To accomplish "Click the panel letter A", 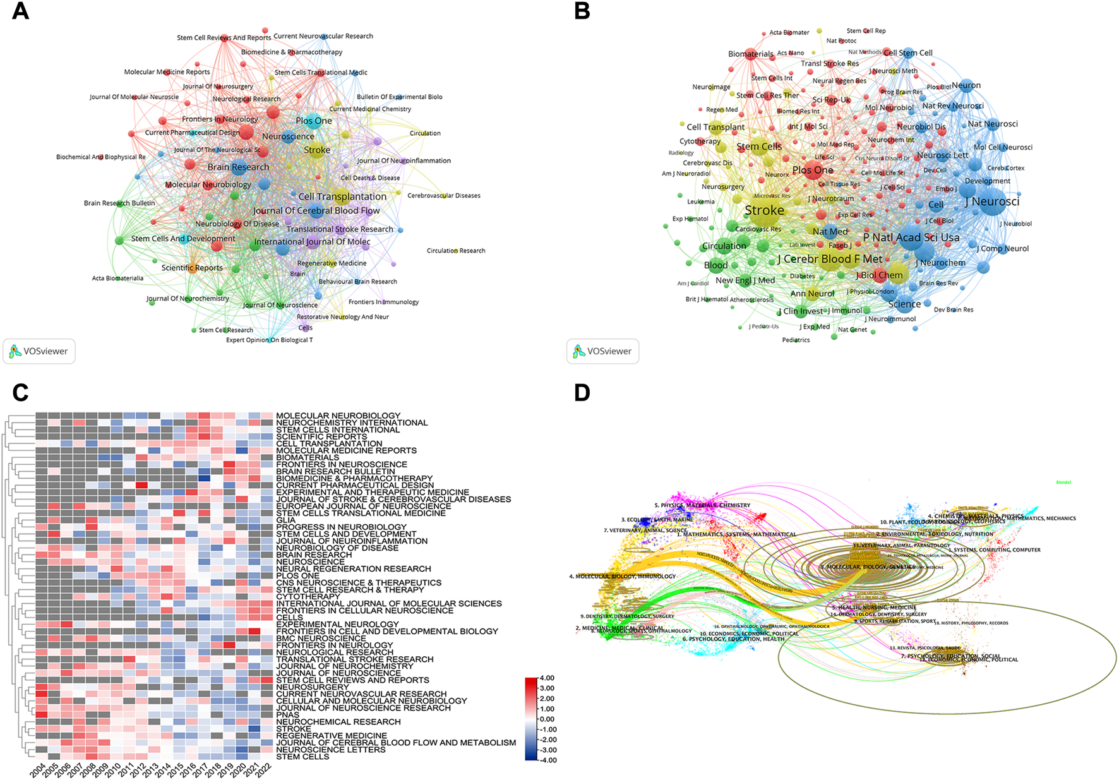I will pyautogui.click(x=20, y=11).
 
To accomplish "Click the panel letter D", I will pyautogui.click(x=582, y=392).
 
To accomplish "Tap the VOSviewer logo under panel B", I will pyautogui.click(x=602, y=351).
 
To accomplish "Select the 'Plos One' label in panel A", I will pyautogui.click(x=314, y=121).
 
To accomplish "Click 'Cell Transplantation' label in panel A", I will pyautogui.click(x=342, y=196).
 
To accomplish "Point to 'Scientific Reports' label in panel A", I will pyautogui.click(x=192, y=268).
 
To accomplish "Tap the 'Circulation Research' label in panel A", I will pyautogui.click(x=456, y=251).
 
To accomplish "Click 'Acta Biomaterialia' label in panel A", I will pyautogui.click(x=117, y=278).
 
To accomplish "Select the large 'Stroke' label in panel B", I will pyautogui.click(x=764, y=210).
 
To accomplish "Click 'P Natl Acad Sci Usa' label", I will pyautogui.click(x=911, y=237).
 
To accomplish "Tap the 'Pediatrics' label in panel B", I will pyautogui.click(x=796, y=340).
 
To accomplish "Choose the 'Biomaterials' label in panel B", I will pyautogui.click(x=750, y=54).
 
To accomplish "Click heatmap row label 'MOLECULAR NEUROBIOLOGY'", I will pyautogui.click(x=338, y=416).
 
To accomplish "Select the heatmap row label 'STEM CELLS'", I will pyautogui.click(x=302, y=757).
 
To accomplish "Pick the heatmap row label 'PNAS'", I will pyautogui.click(x=287, y=715).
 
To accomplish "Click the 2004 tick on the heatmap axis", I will pyautogui.click(x=37, y=770).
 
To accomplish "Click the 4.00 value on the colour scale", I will pyautogui.click(x=548, y=678).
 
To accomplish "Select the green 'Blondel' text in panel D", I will pyautogui.click(x=1063, y=483).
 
